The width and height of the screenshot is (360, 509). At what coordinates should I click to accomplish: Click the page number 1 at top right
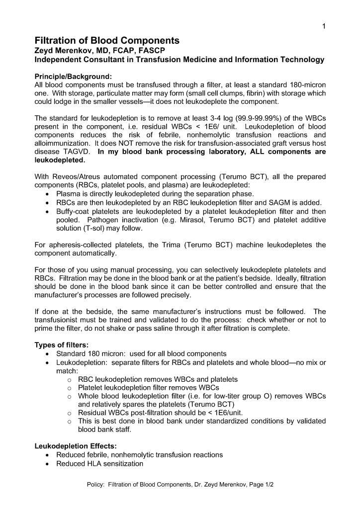(324, 26)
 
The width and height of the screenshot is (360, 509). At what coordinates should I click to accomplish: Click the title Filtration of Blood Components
(107, 41)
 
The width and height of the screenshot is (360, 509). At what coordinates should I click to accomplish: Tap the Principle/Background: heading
(73, 77)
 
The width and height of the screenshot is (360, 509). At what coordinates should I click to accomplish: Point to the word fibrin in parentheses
(239, 93)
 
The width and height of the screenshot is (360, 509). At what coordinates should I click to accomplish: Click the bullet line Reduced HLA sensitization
(99, 464)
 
